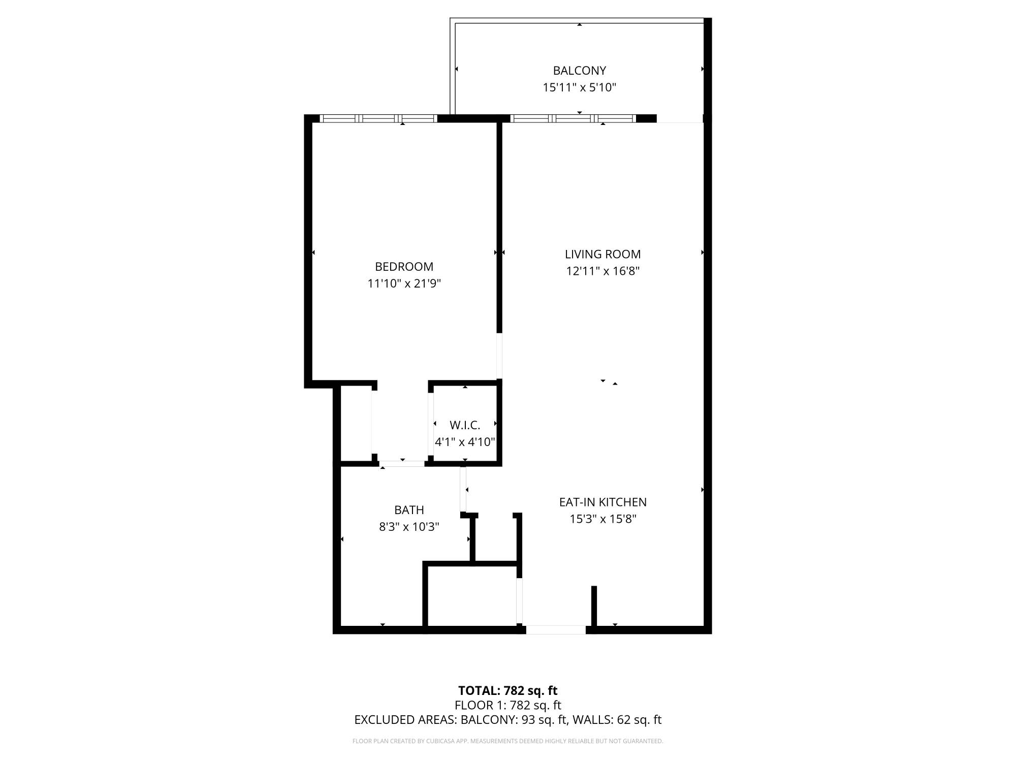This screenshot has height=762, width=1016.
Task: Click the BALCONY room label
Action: [x=579, y=71]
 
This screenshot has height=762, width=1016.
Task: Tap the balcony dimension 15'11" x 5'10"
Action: [x=579, y=87]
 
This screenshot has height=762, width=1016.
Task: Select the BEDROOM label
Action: [x=404, y=267]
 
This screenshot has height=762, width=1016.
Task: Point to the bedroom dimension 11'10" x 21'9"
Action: [x=404, y=283]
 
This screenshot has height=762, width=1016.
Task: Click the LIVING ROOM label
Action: [x=602, y=254]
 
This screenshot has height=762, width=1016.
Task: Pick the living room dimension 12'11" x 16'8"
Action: [x=602, y=271]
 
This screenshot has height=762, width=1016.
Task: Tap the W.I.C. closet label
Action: [x=464, y=425]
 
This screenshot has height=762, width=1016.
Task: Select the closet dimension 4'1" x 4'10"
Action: [x=464, y=442]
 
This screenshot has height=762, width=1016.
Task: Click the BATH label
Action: [x=409, y=510]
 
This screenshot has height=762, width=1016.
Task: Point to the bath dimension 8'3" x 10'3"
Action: [x=409, y=527]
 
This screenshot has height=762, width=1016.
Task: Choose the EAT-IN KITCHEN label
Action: [x=602, y=502]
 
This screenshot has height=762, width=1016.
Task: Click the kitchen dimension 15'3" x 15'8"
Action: [x=602, y=519]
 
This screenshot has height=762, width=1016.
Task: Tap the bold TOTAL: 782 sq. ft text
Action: [x=507, y=691]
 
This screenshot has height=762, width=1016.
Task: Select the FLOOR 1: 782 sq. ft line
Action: [x=507, y=705]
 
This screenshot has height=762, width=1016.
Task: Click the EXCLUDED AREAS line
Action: [x=507, y=720]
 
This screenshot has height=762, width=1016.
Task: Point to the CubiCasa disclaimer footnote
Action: [x=507, y=741]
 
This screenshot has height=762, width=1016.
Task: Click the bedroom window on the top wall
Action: [x=378, y=118]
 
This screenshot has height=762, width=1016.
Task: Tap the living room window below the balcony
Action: [x=573, y=118]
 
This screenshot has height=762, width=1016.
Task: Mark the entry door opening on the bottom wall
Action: [x=556, y=630]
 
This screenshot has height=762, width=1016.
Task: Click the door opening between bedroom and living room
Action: [x=499, y=356]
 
